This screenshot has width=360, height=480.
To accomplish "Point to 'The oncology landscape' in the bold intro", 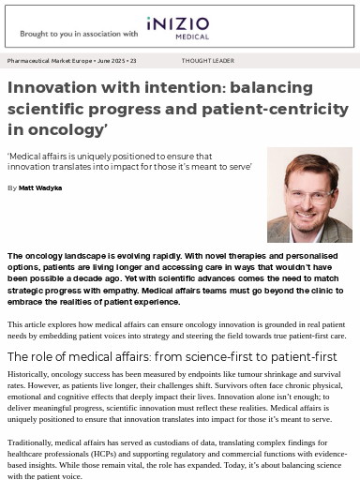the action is coord(52,256).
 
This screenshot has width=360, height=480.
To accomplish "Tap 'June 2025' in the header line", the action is coord(112,60).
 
